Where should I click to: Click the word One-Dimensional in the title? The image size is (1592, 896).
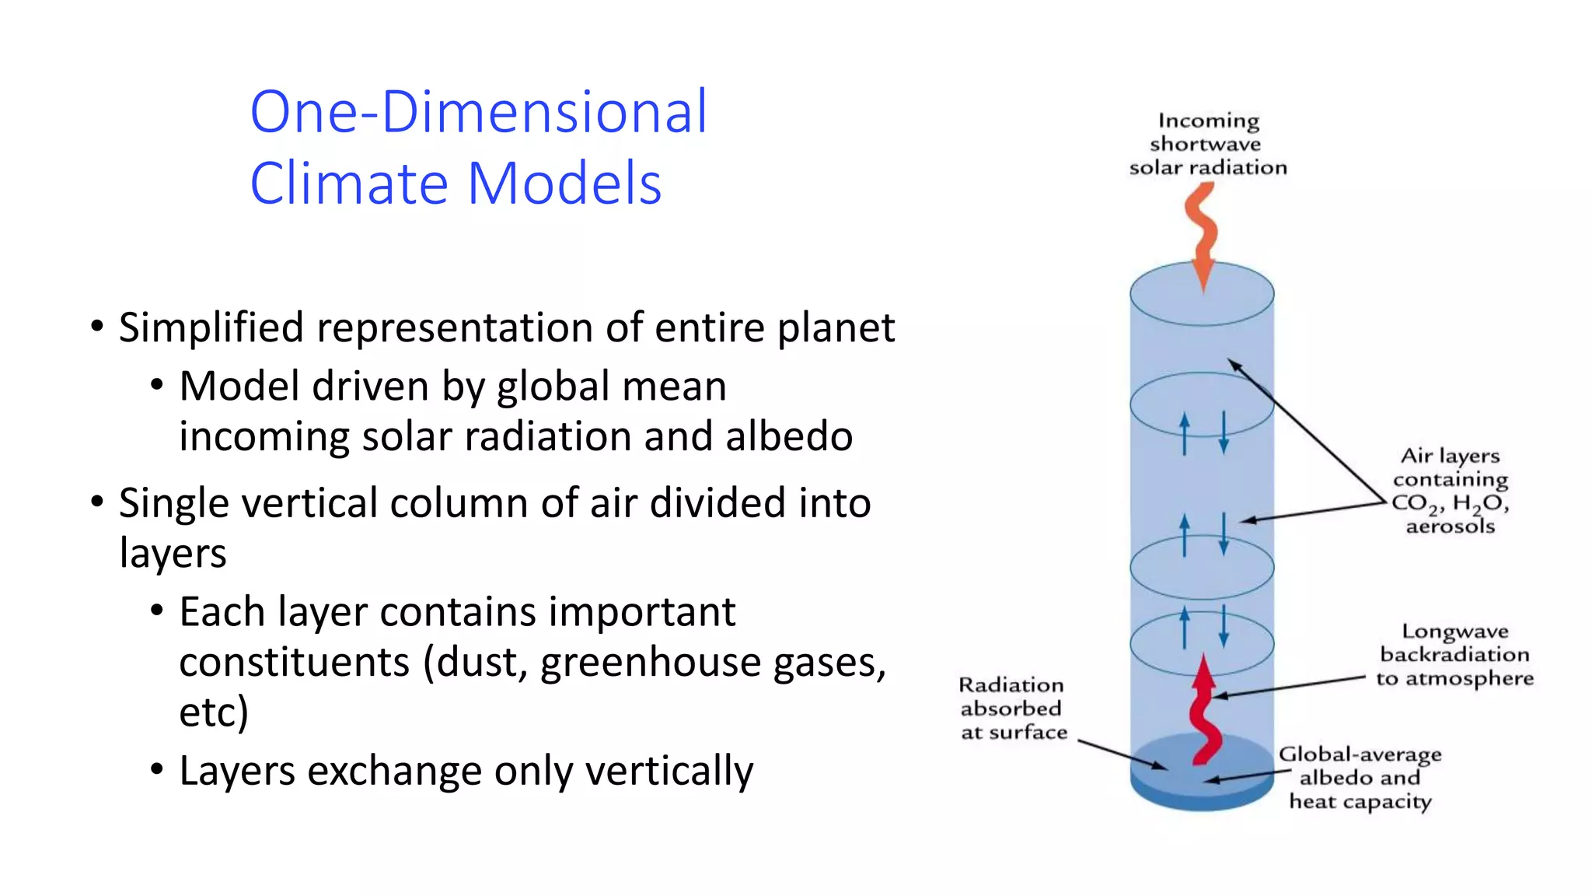point(478,112)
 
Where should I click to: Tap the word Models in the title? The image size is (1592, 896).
point(564,184)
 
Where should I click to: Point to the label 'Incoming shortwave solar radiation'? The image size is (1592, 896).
point(1207,144)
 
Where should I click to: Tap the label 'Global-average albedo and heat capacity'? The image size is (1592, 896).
point(1360,778)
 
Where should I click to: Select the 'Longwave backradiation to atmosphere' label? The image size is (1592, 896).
point(1454,655)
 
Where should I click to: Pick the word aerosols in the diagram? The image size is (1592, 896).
point(1450,527)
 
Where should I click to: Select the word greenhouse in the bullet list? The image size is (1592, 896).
point(634,663)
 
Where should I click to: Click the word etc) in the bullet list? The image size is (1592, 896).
point(214,712)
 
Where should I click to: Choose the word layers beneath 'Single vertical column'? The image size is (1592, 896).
point(173,553)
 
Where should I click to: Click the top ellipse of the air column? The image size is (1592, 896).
point(1202,294)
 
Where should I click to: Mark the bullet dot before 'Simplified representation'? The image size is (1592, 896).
point(96,327)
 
